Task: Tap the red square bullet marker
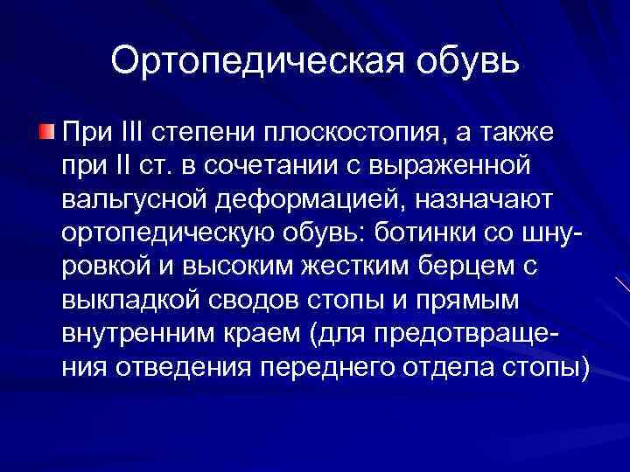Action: pos(47,133)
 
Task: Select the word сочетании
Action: pos(280,167)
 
